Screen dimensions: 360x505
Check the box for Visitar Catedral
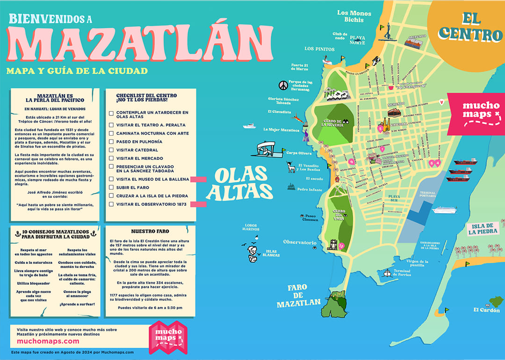111,150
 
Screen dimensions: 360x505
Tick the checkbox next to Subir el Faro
111,187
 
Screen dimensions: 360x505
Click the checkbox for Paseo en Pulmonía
111,142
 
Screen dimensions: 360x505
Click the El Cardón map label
486,310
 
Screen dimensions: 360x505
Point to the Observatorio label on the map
300,243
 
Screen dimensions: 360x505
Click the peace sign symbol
282,85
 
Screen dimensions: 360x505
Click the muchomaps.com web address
45,341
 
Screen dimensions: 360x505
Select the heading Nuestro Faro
150,231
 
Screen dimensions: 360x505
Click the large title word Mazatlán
140,43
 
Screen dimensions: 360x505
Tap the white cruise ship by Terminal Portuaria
444,210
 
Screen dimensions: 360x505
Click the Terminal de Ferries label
402,273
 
